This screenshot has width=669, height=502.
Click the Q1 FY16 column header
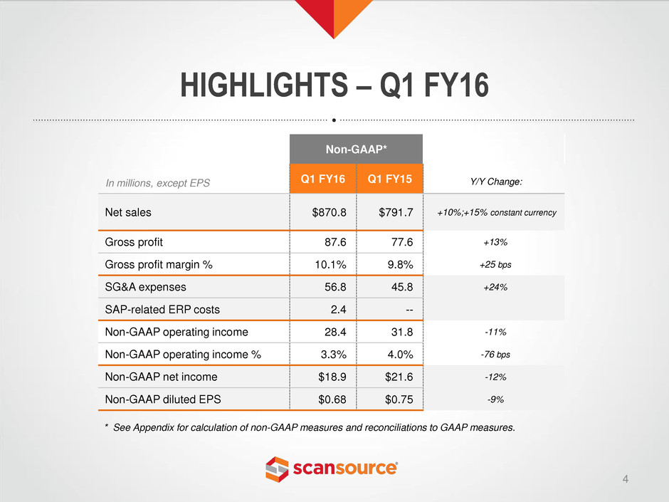point(323,179)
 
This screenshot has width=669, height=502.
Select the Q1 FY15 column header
point(390,179)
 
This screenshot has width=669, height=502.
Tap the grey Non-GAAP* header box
point(357,149)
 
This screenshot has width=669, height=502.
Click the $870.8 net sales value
point(329,212)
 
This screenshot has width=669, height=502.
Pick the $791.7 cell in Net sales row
point(396,212)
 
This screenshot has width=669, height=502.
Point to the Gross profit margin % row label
point(159,265)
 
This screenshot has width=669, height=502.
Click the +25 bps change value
point(495,265)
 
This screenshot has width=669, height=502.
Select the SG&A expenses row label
point(145,287)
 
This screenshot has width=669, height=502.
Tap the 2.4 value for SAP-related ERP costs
point(338,310)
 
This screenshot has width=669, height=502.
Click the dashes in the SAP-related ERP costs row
point(409,310)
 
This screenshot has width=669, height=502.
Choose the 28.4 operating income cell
point(335,332)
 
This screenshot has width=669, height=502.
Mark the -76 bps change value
point(495,355)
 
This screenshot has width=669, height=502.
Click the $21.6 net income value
point(399,377)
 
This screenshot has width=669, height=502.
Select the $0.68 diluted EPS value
point(332,399)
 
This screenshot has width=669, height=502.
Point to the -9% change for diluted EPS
point(495,399)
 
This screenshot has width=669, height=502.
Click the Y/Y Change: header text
point(496,182)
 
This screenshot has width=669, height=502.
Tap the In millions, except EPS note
point(158,183)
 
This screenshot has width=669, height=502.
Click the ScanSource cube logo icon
point(277,469)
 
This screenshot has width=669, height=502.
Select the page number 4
point(626,479)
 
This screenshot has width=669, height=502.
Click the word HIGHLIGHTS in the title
point(264,85)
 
